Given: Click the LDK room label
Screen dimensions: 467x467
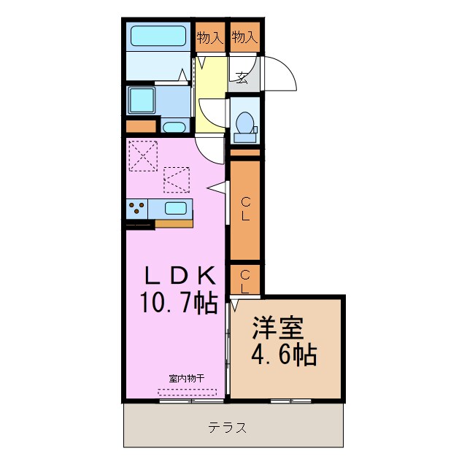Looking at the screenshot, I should tap(180, 276).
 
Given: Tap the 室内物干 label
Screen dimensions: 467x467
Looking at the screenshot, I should tap(187, 379).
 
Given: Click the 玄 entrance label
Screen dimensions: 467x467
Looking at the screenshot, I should tap(242, 78).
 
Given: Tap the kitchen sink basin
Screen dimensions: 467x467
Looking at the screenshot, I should tap(176, 208).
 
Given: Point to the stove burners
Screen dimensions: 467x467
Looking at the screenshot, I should tap(136, 209).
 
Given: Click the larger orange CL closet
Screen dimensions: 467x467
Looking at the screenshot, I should tap(245, 209).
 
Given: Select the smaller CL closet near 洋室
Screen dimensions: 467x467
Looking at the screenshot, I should tap(245, 281).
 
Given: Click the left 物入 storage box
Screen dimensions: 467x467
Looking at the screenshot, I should tap(210, 36).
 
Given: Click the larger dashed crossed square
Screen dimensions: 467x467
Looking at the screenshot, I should tap(143, 155).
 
